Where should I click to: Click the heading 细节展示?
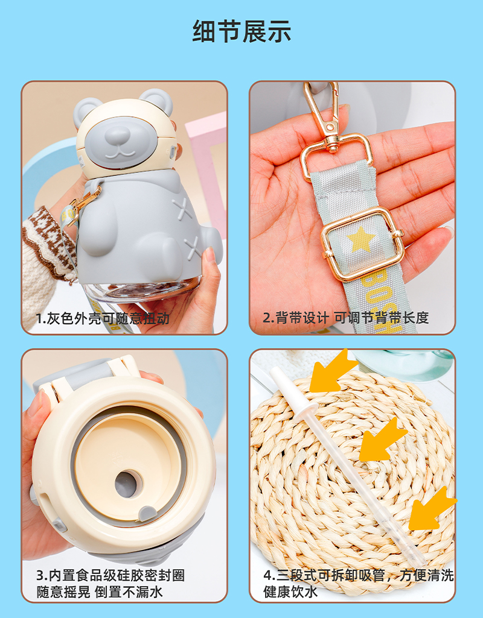pyautogui.click(x=241, y=31)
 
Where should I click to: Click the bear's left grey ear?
pyautogui.click(x=89, y=109)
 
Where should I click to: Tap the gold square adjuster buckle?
pyautogui.click(x=362, y=244)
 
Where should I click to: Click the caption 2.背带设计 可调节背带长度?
pyautogui.click(x=345, y=318)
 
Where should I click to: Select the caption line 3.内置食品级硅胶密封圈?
pyautogui.click(x=110, y=574)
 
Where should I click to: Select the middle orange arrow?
pyautogui.click(x=383, y=438)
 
